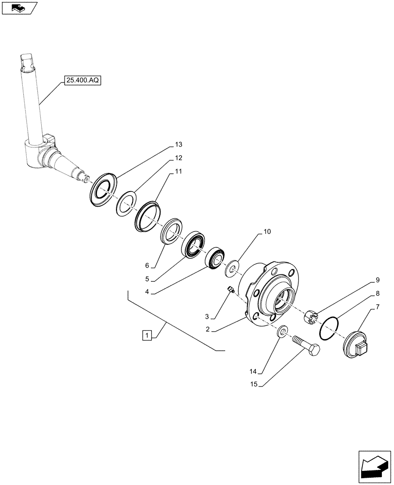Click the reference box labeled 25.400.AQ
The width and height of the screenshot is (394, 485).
point(82,81)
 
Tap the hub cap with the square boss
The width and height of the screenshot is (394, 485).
point(356,345)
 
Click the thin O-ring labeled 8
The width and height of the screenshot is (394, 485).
point(329,329)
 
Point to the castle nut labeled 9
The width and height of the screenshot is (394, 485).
point(311,317)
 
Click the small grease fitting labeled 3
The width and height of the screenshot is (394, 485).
point(231,290)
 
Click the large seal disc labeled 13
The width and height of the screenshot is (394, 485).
point(104,190)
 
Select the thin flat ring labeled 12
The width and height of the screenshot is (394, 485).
point(126,203)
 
